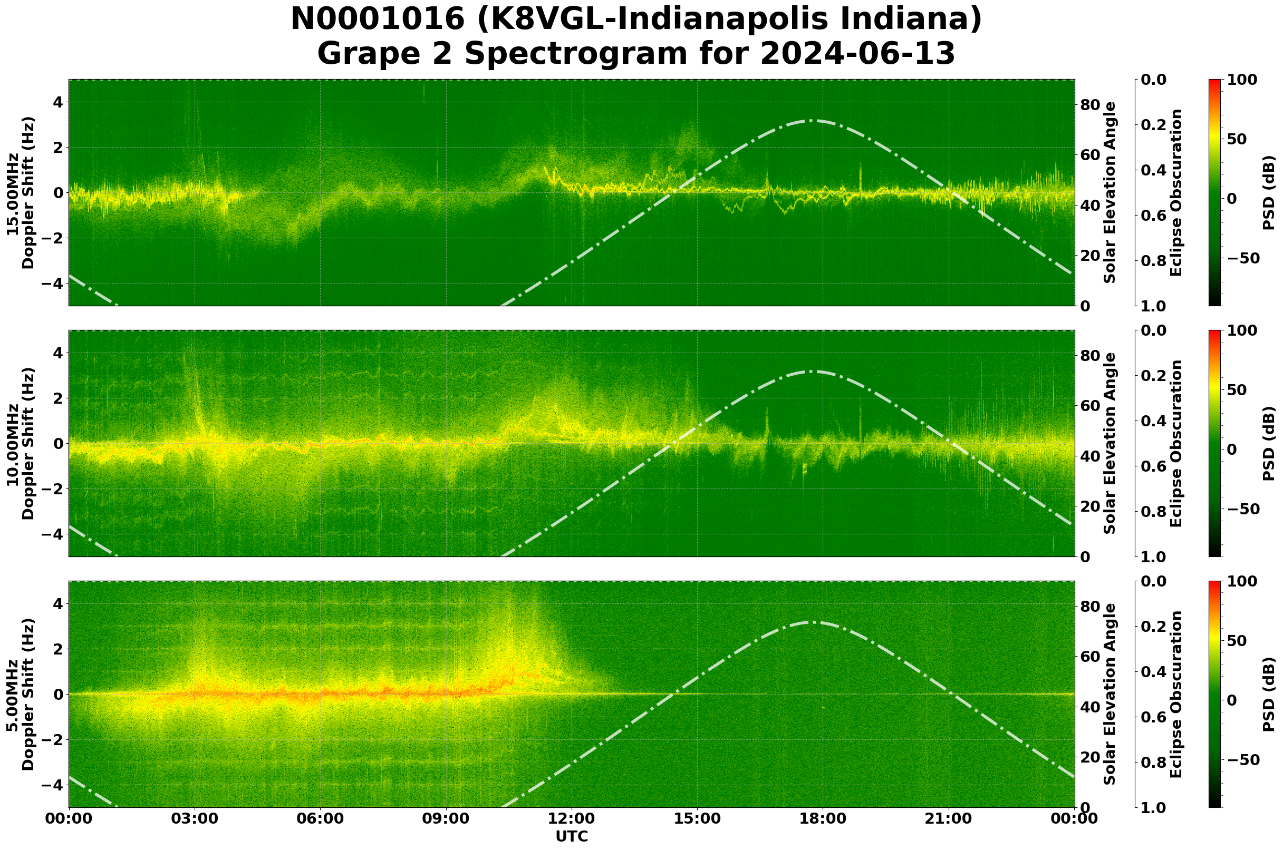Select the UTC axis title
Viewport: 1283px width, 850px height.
pos(572,837)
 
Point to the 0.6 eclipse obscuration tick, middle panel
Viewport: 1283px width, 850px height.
pos(1163,467)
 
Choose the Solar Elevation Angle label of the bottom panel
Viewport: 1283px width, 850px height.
pos(1110,695)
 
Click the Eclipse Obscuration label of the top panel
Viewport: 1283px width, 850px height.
pos(1176,192)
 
